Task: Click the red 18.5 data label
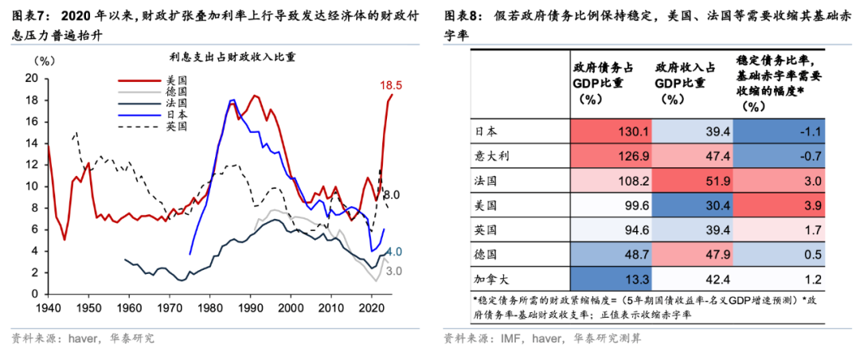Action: tap(391, 85)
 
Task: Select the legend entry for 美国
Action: tap(177, 80)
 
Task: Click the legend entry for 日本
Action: tap(177, 114)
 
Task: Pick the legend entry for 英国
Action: tap(177, 125)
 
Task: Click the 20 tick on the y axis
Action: tap(32, 78)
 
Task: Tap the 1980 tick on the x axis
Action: tap(210, 307)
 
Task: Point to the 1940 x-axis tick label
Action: tap(48, 307)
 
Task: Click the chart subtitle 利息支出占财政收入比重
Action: tap(222, 57)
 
